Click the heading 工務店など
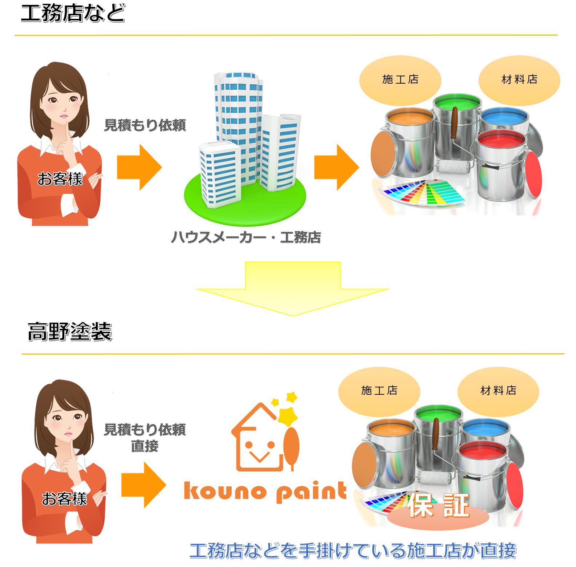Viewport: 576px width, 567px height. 73,13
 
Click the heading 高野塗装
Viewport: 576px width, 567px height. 70,331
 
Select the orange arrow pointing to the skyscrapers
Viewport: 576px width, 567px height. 139,168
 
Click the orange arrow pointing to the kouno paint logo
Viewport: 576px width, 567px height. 143,485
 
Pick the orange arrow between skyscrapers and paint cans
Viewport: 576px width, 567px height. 336,168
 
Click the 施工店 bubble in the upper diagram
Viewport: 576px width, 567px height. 400,80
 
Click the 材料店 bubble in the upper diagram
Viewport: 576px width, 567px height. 519,80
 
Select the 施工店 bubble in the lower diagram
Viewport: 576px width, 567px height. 379,391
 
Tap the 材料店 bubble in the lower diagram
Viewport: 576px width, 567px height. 498,391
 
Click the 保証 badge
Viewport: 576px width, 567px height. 438,507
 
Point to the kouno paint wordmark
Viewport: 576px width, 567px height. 265,491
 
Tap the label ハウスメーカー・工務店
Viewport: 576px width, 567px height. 246,238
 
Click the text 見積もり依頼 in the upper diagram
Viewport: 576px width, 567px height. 145,125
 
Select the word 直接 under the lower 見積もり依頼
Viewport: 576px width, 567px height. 144,446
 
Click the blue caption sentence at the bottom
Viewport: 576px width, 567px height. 353,551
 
